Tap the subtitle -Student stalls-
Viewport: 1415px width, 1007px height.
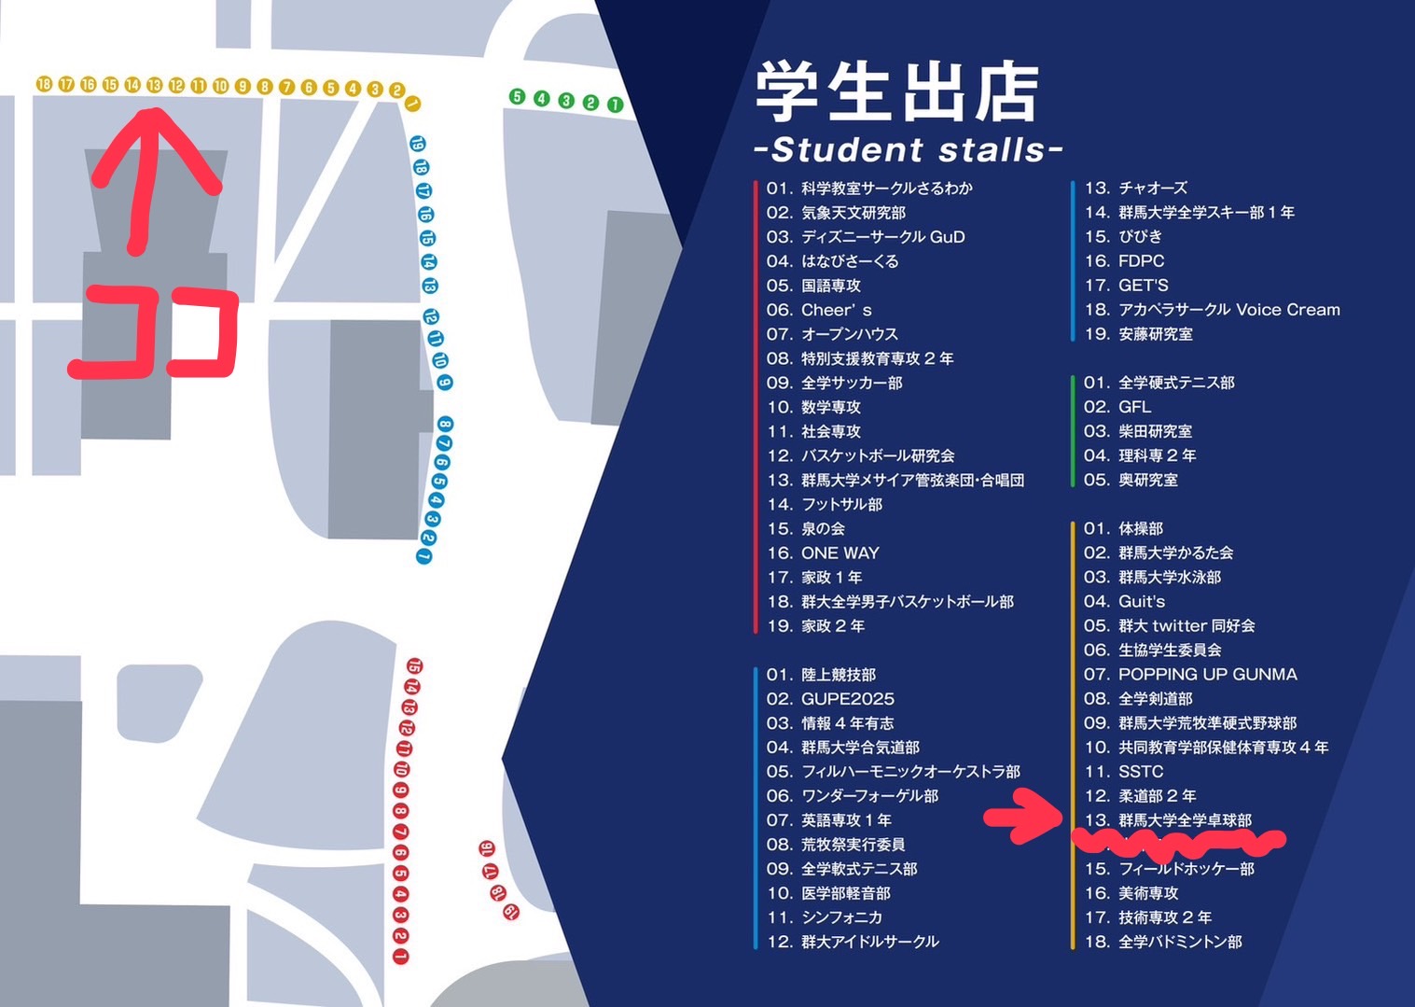908,150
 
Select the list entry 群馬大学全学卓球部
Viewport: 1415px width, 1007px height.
1185,820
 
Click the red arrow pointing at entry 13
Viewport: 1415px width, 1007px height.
1022,817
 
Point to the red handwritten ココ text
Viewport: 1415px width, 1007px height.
154,333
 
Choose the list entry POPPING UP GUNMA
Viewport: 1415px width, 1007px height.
1207,674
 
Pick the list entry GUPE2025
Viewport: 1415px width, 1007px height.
847,698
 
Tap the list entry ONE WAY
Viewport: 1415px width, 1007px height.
839,552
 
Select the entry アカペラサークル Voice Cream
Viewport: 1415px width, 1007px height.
1228,310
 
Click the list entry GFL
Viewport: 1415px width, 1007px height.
1134,407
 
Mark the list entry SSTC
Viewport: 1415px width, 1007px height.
1140,771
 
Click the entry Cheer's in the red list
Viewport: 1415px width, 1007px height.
836,310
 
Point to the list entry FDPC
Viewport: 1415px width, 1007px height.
1141,261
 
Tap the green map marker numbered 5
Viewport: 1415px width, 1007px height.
518,96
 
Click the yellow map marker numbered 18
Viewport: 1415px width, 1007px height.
44,84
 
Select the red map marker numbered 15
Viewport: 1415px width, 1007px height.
414,666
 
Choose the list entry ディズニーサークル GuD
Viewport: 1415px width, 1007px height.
882,237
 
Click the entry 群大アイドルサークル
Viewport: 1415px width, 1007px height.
869,942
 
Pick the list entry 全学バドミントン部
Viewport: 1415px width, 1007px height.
1180,942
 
